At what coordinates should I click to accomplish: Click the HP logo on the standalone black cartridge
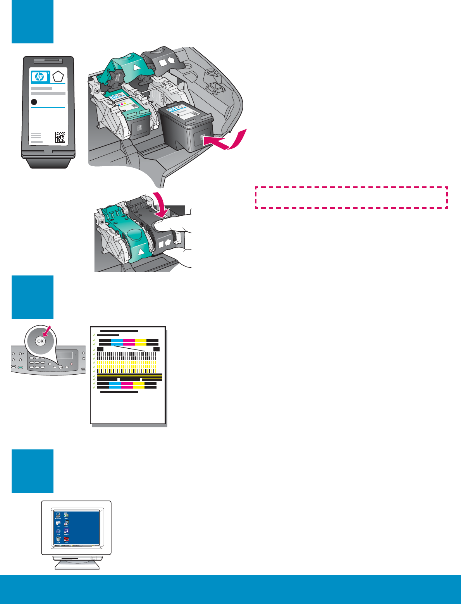40,77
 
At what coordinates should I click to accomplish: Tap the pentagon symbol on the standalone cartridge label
58,76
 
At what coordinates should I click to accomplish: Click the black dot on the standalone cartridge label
34,102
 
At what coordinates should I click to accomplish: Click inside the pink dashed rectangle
351,198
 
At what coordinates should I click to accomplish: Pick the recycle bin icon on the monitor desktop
58,539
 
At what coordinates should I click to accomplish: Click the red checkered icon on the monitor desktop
66,539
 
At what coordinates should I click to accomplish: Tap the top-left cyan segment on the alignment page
117,340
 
